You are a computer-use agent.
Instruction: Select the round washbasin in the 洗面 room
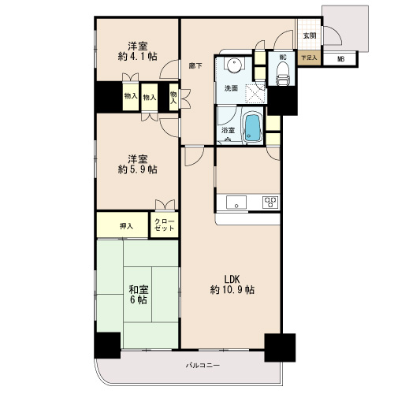click(233, 64)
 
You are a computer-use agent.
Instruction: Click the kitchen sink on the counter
click(236, 203)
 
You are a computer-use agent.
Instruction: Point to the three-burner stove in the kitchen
click(270, 203)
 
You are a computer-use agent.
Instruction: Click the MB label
click(340, 59)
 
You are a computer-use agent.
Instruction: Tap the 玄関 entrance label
click(310, 35)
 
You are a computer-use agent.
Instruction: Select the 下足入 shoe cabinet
click(309, 58)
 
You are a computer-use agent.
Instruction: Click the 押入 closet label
click(126, 226)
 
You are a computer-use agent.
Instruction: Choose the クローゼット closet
click(165, 225)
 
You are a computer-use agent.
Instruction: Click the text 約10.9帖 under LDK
click(232, 290)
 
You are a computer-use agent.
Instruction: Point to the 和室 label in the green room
click(139, 289)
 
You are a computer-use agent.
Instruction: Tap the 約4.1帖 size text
click(138, 56)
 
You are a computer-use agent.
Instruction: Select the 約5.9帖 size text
click(138, 169)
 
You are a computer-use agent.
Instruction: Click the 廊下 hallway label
click(195, 65)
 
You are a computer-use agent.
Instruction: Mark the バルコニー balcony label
click(203, 365)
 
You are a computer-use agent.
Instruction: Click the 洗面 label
click(231, 88)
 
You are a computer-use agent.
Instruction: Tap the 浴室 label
click(228, 130)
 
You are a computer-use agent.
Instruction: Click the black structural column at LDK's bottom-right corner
click(280, 348)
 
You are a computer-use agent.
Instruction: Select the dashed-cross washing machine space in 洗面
click(255, 93)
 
